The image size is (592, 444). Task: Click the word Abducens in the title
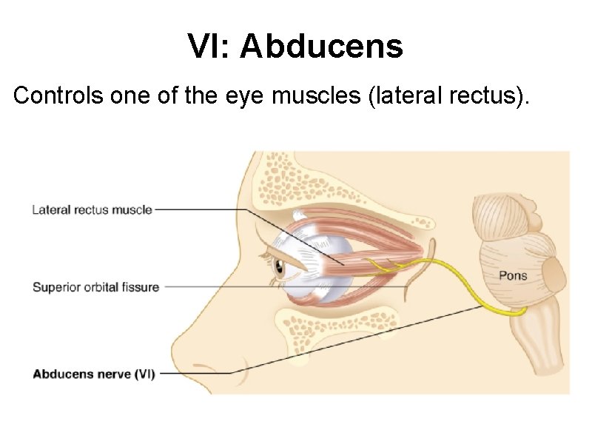click(321, 47)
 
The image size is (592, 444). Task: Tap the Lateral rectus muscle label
click(92, 209)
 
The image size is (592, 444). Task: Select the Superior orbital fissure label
click(95, 286)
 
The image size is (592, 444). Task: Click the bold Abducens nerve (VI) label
click(93, 374)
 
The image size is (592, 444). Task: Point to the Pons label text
click(512, 275)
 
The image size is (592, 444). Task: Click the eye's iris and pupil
click(279, 267)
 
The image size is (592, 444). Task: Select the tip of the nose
click(175, 348)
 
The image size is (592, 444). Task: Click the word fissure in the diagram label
click(139, 286)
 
